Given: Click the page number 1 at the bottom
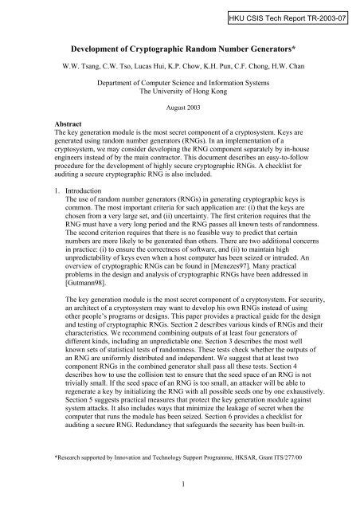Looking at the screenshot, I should click(180, 495).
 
